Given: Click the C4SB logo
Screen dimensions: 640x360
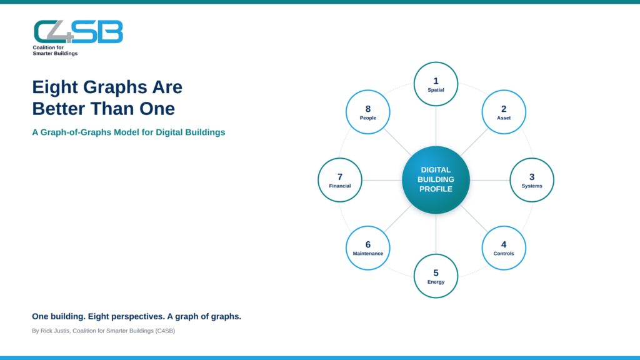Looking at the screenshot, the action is click(78, 32).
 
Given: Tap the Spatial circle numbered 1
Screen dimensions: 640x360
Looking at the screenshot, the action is click(436, 84).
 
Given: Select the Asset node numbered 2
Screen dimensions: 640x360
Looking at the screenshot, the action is click(504, 112).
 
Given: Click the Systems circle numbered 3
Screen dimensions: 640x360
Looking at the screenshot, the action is click(532, 180).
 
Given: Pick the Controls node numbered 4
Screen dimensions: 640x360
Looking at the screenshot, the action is click(504, 247).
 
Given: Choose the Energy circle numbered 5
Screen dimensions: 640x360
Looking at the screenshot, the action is click(436, 276).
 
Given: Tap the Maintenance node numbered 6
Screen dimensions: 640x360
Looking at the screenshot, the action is click(367, 247).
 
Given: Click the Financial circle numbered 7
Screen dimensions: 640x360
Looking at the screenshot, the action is click(340, 180).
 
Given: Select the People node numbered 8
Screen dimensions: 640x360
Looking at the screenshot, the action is click(367, 112).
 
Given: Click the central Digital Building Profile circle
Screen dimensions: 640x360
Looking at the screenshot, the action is click(436, 180).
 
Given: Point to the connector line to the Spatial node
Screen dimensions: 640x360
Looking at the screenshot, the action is click(436, 126).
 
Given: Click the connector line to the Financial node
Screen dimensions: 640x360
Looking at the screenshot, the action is click(382, 180).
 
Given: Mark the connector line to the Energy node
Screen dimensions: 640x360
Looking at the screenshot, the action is click(436, 234).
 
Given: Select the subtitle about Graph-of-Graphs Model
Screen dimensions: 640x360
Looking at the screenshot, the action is click(129, 132).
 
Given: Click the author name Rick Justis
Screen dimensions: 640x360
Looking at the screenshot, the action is click(55, 331).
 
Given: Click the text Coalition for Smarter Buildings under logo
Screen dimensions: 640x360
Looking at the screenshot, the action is click(55, 50).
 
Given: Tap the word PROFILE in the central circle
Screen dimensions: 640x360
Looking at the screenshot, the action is click(436, 189).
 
